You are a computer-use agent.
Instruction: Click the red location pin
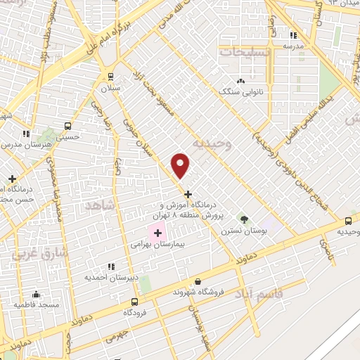pos(181,165)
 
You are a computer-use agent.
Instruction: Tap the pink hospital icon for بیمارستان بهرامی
pos(157,232)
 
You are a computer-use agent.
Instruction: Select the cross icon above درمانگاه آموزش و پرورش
pos(187,193)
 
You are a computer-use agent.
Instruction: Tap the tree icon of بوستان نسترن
pos(244,219)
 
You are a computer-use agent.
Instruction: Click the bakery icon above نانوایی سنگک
pos(241,81)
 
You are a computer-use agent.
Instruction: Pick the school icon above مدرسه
pos(293,34)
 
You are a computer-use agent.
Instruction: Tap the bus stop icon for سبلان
pos(110,77)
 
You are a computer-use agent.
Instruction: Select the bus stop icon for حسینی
pos(67,127)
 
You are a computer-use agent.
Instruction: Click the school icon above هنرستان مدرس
pos(26,133)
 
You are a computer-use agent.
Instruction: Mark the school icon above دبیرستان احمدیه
pos(110,266)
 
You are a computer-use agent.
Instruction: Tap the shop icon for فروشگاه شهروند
pos(198,281)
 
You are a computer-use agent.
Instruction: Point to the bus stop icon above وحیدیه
pos(349,219)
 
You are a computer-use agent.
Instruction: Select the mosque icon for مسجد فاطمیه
pos(37,295)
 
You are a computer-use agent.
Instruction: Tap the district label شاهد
pos(98,205)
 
